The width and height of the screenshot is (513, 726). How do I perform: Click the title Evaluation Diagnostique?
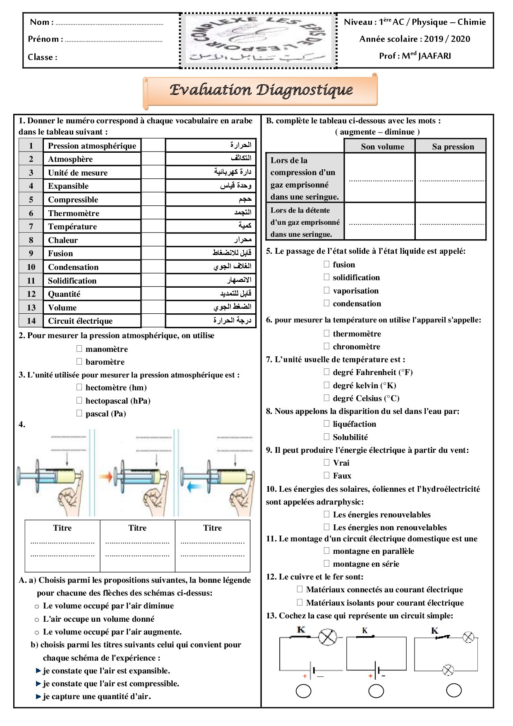[x=261, y=90]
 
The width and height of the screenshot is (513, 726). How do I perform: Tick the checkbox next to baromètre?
[x=79, y=361]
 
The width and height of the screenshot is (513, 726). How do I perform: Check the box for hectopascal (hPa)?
[x=79, y=400]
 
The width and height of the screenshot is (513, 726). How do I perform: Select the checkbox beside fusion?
[x=327, y=264]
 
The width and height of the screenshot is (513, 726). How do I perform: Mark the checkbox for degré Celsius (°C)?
[x=327, y=398]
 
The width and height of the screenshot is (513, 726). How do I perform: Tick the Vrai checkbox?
[x=327, y=462]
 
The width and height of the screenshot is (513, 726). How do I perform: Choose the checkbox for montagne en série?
[x=327, y=563]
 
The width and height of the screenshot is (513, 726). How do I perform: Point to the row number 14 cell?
[x=31, y=321]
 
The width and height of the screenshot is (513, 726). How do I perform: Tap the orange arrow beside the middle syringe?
[x=107, y=477]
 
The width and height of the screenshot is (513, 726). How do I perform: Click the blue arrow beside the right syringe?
[x=193, y=487]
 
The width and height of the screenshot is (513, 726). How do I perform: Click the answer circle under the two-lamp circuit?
[x=454, y=690]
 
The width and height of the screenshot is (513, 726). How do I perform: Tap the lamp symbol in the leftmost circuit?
[x=328, y=637]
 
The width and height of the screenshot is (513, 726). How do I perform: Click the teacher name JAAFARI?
[x=434, y=56]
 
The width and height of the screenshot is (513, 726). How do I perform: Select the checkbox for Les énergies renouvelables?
[x=327, y=514]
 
